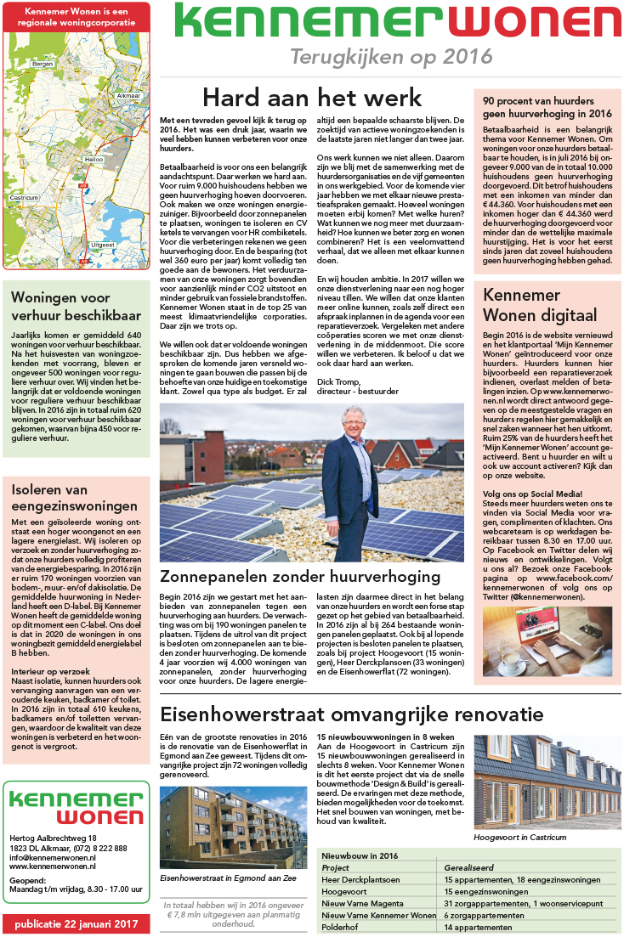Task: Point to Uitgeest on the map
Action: (102, 245)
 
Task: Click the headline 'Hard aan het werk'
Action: (312, 96)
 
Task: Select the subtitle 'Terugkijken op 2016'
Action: (391, 57)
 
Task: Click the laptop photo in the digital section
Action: (547, 617)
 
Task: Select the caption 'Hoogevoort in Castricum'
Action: (519, 837)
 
